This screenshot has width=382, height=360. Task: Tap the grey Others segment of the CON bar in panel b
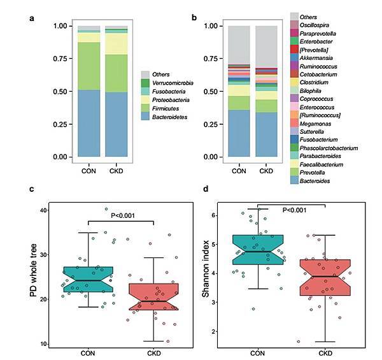pyautogui.click(x=239, y=45)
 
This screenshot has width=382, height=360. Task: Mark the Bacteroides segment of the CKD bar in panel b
pyautogui.click(x=266, y=134)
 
